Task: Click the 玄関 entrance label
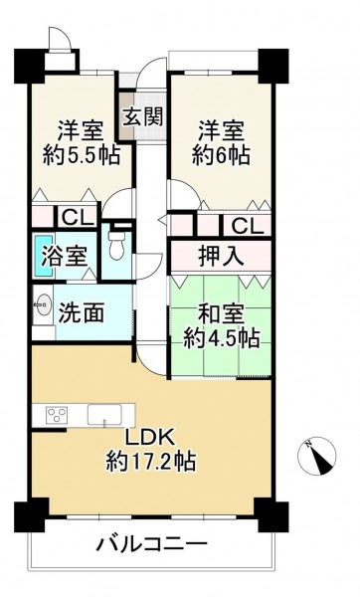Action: [144, 115]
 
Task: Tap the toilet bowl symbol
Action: [115, 245]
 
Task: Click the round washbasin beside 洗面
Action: [42, 304]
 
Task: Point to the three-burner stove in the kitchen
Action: [57, 414]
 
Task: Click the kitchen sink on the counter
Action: [104, 414]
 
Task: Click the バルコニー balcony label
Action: [151, 544]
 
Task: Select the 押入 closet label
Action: [221, 257]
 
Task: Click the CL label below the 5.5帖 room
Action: [78, 218]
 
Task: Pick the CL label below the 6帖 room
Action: [248, 227]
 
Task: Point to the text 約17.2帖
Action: [151, 461]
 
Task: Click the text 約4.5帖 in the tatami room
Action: [222, 338]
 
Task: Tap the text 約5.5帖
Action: [82, 154]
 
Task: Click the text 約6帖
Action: [221, 154]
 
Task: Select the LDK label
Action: [150, 438]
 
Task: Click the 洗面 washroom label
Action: [82, 313]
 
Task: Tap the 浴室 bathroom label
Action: [65, 257]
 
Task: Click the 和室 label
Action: [221, 314]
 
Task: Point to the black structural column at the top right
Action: [273, 66]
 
